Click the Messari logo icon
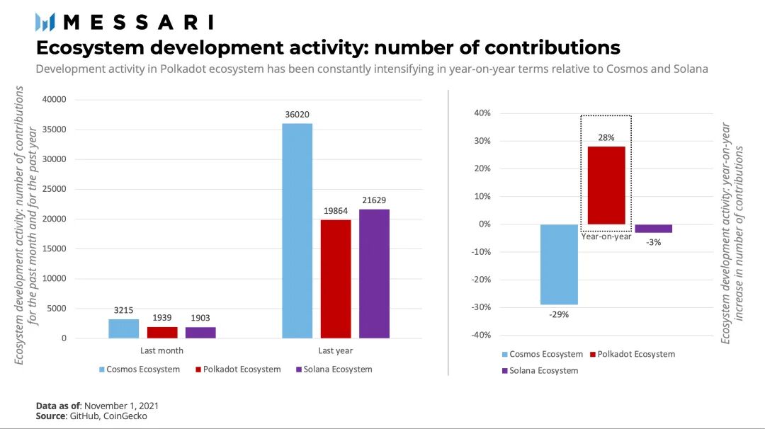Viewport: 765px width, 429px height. point(45,22)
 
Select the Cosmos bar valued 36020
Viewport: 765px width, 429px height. point(297,231)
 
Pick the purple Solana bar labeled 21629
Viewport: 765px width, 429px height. point(374,273)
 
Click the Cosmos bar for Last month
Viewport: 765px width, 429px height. point(124,328)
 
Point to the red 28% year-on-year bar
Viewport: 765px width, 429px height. point(606,185)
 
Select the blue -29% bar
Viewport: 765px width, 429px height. point(559,264)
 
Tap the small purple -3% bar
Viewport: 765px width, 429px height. point(653,229)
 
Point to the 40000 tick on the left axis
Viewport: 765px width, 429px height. point(55,100)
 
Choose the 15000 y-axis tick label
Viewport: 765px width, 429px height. point(55,249)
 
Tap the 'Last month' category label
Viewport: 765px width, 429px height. point(162,350)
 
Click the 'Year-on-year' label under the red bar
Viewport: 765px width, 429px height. point(606,237)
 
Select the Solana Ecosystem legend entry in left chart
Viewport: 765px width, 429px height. point(334,370)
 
